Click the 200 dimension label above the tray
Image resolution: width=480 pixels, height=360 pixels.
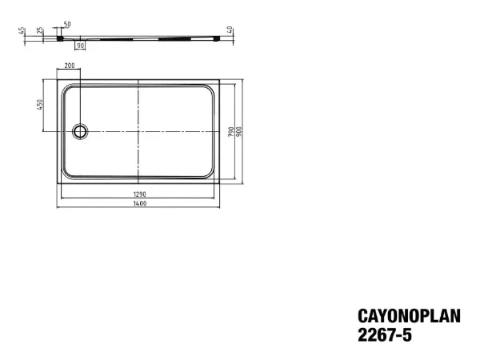click(70, 66)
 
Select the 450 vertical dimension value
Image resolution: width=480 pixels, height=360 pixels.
click(40, 105)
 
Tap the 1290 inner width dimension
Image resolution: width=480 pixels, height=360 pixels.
click(139, 194)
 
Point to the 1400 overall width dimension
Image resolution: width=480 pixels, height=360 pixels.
click(139, 203)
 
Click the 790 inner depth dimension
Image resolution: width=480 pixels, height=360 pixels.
click(231, 132)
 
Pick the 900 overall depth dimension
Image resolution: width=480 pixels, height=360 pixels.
click(239, 132)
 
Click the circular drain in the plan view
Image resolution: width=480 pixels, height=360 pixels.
click(80, 132)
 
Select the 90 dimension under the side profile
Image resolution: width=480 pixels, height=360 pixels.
click(80, 46)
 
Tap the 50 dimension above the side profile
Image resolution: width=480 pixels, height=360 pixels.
click(67, 24)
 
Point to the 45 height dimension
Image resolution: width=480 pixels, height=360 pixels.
click(22, 31)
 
